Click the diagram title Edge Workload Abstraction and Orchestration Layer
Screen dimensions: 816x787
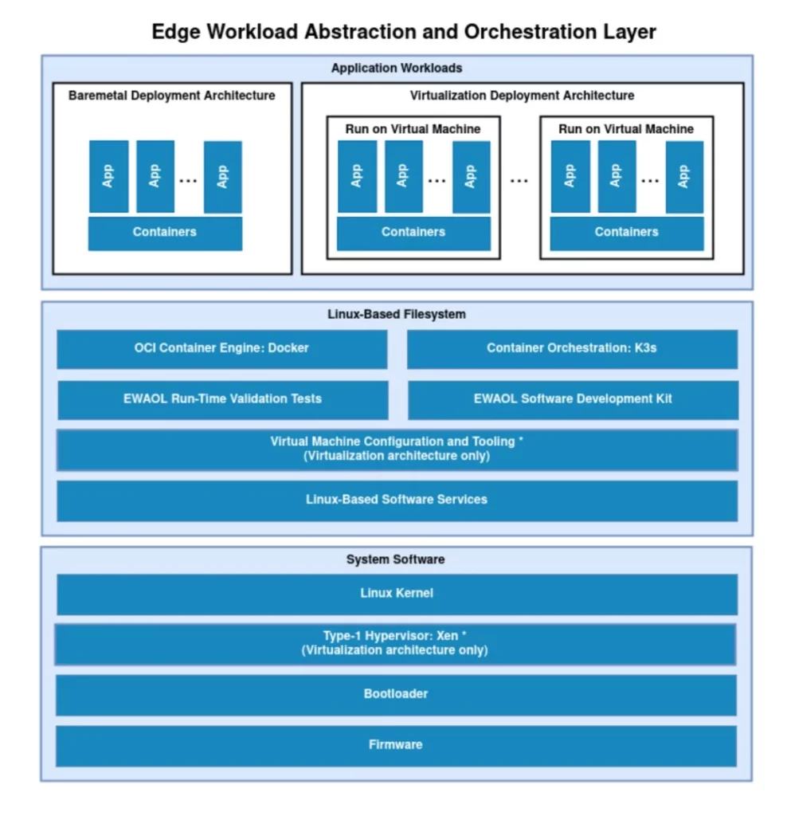pos(404,32)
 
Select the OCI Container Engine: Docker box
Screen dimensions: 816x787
pos(221,348)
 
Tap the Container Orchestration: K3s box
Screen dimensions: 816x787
pos(572,348)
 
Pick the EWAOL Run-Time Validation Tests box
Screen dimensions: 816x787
pos(222,399)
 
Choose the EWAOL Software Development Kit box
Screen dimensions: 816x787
pos(573,399)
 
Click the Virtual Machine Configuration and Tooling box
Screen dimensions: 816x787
pos(397,449)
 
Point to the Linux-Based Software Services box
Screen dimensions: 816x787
pos(397,500)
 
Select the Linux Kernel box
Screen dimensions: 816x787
pos(397,594)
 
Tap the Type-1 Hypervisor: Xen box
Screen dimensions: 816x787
pos(395,644)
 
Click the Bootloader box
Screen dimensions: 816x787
pos(396,694)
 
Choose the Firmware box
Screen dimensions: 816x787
pos(396,745)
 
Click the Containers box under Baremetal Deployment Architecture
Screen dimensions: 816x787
pos(165,233)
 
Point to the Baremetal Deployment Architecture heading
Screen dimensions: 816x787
pos(172,96)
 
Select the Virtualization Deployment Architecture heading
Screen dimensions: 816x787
pos(523,96)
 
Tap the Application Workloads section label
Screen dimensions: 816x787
pos(397,68)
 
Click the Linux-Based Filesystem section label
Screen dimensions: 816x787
pos(397,314)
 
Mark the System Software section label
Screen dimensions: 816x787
pos(396,559)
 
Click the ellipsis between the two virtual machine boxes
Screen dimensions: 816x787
pos(519,180)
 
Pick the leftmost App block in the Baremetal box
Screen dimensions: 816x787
pos(108,176)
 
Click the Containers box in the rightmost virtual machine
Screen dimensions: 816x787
pos(627,233)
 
